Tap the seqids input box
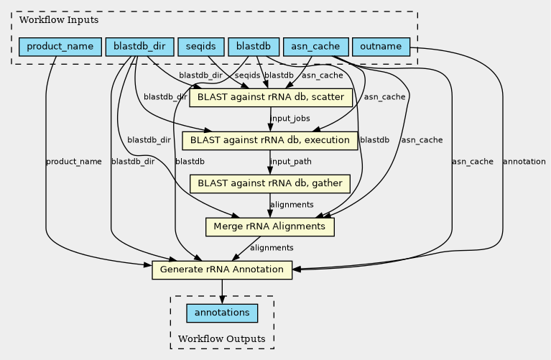click(x=200, y=47)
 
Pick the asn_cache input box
click(x=316, y=47)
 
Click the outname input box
click(x=381, y=47)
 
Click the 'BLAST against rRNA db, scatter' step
click(x=270, y=97)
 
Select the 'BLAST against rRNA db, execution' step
click(x=270, y=140)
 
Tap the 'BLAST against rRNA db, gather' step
click(x=270, y=183)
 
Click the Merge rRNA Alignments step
click(x=270, y=227)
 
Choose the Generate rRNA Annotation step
click(x=222, y=270)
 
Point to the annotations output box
click(x=222, y=313)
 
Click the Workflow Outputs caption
click(x=221, y=338)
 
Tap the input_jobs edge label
click(x=290, y=119)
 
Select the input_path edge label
click(x=291, y=162)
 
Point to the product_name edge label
click(x=73, y=162)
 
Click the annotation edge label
click(x=524, y=162)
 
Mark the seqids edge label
click(x=248, y=75)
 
